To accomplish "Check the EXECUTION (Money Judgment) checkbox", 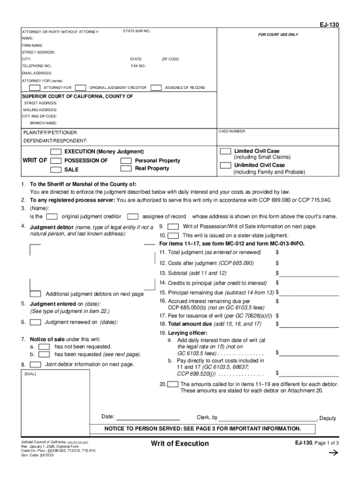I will click(x=56, y=152).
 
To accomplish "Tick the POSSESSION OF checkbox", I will click(x=56, y=160).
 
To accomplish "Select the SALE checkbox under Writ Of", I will click(x=56, y=169).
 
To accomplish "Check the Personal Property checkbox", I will click(x=126, y=160).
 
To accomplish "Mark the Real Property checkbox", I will click(x=126, y=168).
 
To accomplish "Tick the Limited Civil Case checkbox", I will click(x=225, y=151).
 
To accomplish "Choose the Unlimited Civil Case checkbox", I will click(x=225, y=165).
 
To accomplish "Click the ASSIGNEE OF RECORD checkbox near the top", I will click(x=156, y=87).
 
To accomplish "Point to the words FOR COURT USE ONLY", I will click(x=278, y=35).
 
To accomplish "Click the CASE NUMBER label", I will click(x=232, y=132).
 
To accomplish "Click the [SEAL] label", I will click(x=30, y=374).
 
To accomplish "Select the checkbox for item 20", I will click(x=173, y=385).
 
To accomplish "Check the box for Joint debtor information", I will click(x=35, y=364).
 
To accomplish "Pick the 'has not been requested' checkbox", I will click(x=44, y=347).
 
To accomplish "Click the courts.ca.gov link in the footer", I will click(x=78, y=442).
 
